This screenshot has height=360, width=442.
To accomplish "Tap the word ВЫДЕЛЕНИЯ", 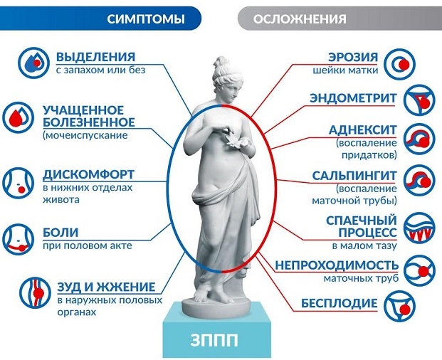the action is coord(96,57).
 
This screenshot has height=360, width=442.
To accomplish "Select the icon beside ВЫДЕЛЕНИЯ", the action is coord(33,63).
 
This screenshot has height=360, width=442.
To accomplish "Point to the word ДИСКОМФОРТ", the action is coord(88,174).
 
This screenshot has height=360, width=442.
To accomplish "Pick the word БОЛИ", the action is coord(60,233).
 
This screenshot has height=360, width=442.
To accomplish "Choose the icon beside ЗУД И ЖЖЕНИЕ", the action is coord(36,292).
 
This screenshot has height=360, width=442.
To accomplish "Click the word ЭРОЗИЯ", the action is coord(353,57).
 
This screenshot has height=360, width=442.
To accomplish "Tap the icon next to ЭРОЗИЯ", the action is coord(400,64).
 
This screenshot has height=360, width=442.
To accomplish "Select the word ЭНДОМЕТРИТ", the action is coord(353,98).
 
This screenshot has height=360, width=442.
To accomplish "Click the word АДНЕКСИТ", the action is coord(363,130).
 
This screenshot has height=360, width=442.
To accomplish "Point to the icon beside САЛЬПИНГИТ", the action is coord(419,181).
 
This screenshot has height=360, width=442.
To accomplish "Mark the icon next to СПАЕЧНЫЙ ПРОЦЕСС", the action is coord(419,228).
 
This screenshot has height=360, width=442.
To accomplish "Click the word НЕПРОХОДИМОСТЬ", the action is coord(337,265).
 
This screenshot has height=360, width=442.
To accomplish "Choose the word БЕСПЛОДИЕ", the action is coord(339,303).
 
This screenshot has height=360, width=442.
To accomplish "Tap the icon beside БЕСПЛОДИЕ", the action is coord(400,307).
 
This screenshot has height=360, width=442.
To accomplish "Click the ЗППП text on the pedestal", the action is coord(214,340).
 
